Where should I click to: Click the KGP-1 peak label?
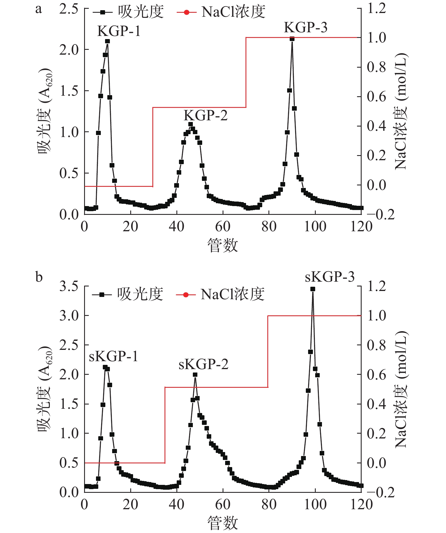119,31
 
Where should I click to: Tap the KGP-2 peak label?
206,115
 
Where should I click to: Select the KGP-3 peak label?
306,27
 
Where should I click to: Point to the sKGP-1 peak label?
113,356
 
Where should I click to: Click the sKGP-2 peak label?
203,364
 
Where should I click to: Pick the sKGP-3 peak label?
330,277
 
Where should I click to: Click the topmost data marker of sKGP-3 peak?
313,289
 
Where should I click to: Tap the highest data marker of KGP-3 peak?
292,39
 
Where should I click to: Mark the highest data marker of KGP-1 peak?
107,41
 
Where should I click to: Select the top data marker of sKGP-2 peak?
195,374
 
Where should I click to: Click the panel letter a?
39,9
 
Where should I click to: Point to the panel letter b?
39,277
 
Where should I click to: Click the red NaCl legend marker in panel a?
186,12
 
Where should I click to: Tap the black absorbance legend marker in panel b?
102,295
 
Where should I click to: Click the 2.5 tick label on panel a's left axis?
69,9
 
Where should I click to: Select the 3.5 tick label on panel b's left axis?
69,286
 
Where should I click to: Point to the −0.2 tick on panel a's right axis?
385,215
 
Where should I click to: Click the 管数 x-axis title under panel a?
223,245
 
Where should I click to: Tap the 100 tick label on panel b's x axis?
315,504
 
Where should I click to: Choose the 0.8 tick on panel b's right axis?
376,345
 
